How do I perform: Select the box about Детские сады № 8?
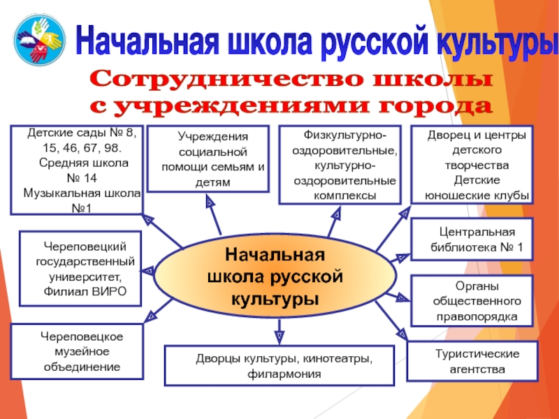[x=76, y=170]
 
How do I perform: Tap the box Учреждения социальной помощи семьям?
[x=208, y=159]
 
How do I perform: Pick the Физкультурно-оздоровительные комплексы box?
[x=340, y=165]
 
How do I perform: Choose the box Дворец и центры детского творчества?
[x=472, y=165]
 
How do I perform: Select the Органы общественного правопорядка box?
[x=474, y=301]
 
